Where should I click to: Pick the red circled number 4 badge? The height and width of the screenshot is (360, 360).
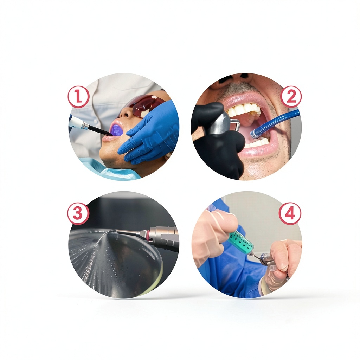[290, 213]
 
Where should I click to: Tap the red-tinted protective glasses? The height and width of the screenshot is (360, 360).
[144, 105]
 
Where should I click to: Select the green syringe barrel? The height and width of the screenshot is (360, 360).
[242, 243]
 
